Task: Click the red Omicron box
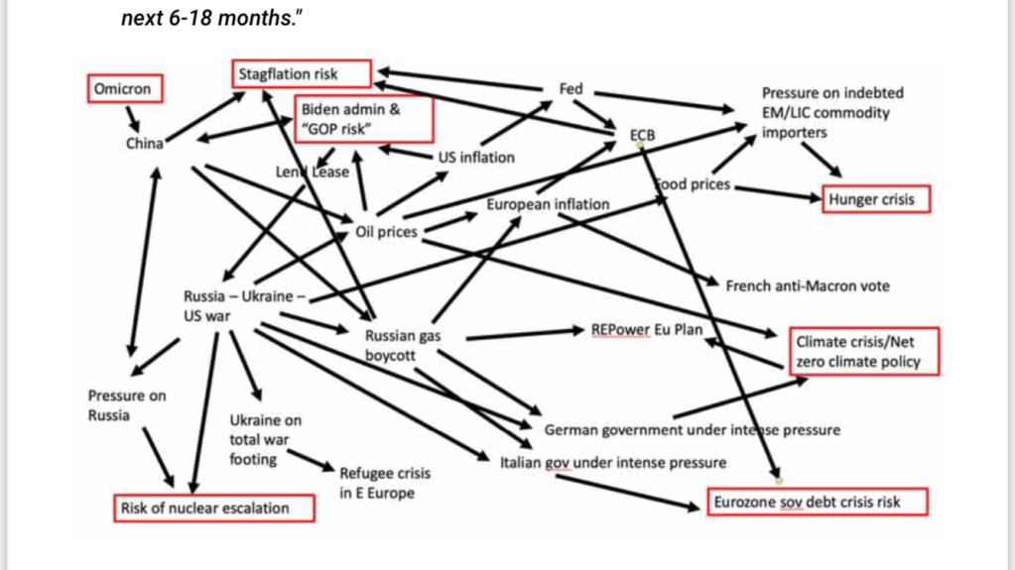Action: pyautogui.click(x=123, y=89)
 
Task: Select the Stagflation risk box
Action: pyautogui.click(x=302, y=73)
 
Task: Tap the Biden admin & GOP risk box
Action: pyautogui.click(x=364, y=119)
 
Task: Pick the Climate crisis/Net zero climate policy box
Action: pyautogui.click(x=863, y=352)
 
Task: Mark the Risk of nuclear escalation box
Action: pyautogui.click(x=212, y=509)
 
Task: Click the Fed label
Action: pyautogui.click(x=571, y=89)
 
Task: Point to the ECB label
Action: pyautogui.click(x=642, y=134)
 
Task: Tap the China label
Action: pyautogui.click(x=144, y=144)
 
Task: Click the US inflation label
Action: pyautogui.click(x=476, y=157)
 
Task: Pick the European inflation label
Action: pyautogui.click(x=548, y=204)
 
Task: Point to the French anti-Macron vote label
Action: pyautogui.click(x=808, y=285)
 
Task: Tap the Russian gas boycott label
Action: pyautogui.click(x=403, y=345)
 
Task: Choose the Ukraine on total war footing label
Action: pyautogui.click(x=265, y=439)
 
